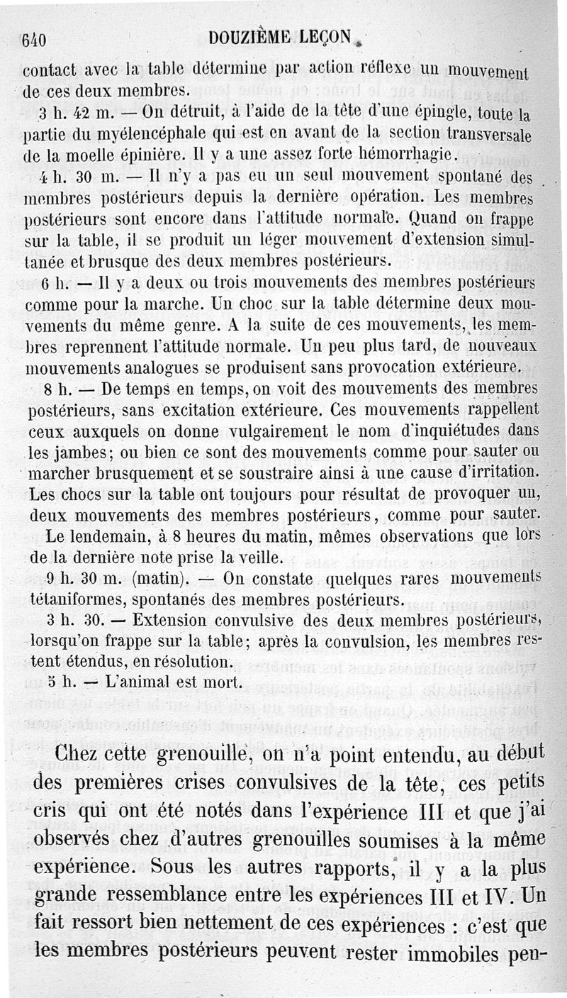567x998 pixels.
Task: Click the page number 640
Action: (x=35, y=40)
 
